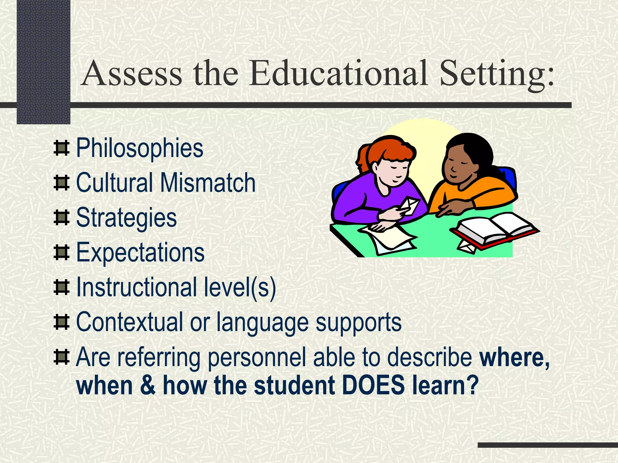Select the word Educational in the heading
coord(338,73)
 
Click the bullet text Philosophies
coord(140,148)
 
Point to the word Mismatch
coord(208,183)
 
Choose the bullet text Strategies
coord(126,218)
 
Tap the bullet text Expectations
coord(140,253)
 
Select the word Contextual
coord(129,322)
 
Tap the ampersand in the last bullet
coord(148,386)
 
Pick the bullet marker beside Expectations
coord(61,253)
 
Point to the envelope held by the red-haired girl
coord(409,206)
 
